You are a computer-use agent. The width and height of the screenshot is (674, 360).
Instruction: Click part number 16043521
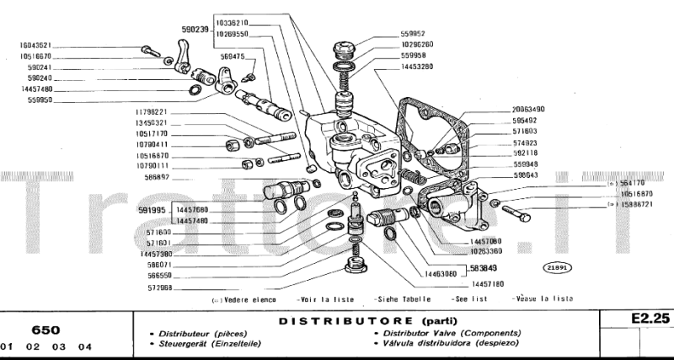click(35, 45)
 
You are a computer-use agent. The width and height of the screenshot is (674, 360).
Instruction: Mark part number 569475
click(233, 56)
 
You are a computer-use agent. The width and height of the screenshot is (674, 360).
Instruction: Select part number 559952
click(416, 34)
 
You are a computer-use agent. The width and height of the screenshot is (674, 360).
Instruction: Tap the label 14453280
click(417, 65)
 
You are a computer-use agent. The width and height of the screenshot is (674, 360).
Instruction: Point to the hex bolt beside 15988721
click(515, 211)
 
